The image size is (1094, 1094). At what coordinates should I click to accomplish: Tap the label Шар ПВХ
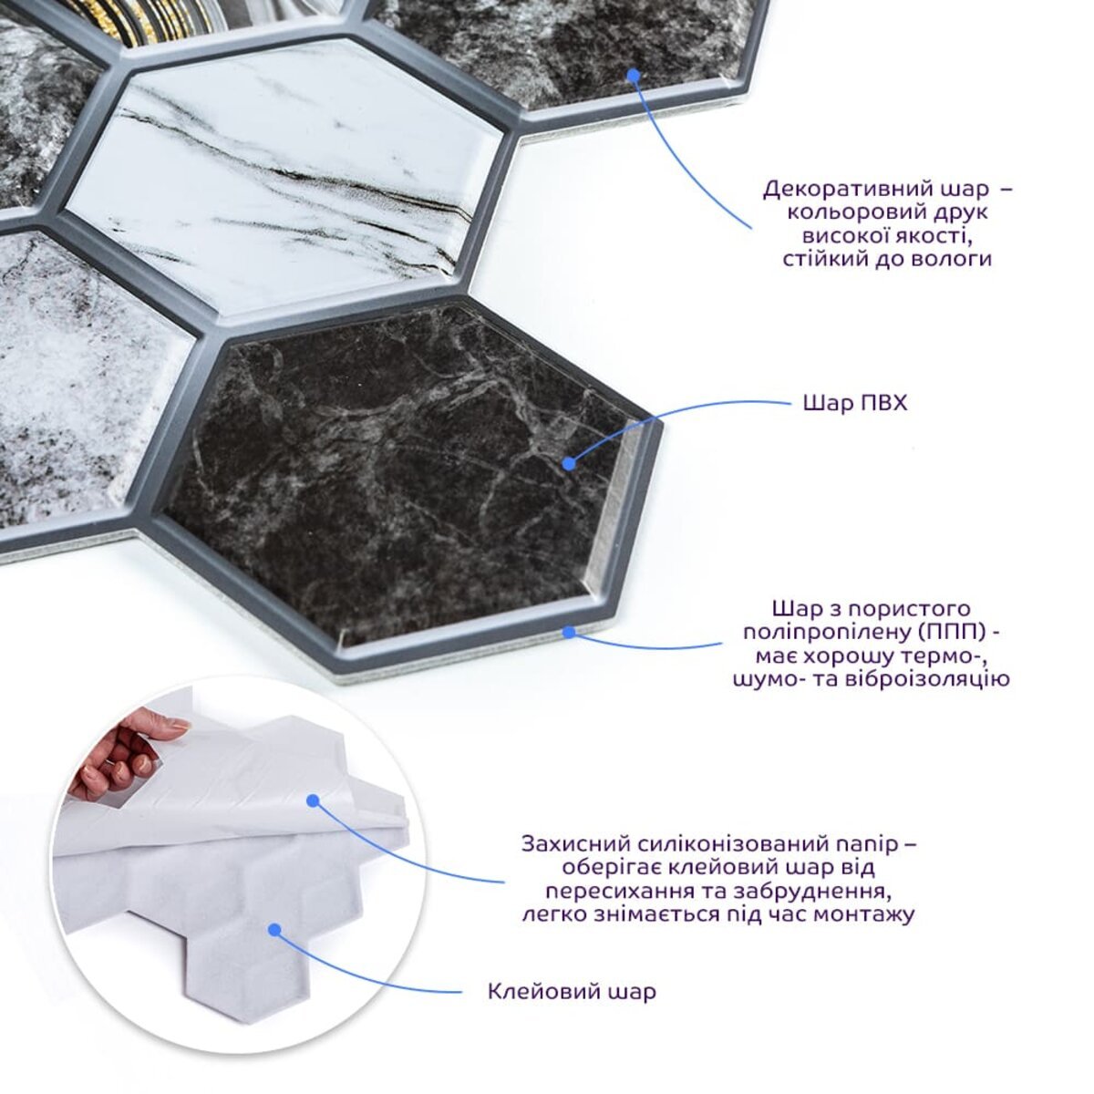[x=855, y=403]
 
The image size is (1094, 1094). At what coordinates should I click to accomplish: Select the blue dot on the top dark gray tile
[x=635, y=75]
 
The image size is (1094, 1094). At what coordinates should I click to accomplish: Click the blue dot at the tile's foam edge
[x=568, y=631]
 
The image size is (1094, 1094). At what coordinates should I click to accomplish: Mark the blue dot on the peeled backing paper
[x=312, y=800]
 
